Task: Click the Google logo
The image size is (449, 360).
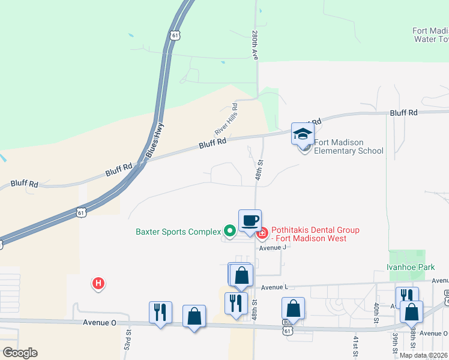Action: click(20, 353)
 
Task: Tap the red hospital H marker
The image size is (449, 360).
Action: click(98, 283)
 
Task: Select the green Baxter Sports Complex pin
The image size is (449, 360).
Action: click(229, 230)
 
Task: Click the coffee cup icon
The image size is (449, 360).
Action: click(250, 220)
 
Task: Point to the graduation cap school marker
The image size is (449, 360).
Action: click(303, 134)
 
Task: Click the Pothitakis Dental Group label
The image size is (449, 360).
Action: click(315, 234)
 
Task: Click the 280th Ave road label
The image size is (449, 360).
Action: click(255, 45)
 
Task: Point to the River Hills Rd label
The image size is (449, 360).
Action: click(226, 119)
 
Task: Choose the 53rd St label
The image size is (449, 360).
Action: click(127, 340)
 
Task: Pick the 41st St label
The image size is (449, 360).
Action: click(355, 347)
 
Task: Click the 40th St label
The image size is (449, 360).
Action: click(376, 312)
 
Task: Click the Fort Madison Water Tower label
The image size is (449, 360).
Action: click(430, 35)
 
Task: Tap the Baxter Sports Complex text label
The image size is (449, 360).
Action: click(178, 231)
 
